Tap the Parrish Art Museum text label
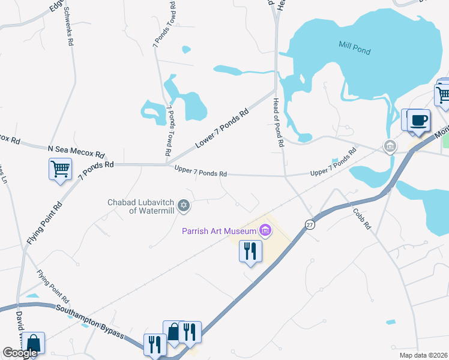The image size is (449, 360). pyautogui.click(x=220, y=230)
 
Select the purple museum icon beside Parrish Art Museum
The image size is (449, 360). pyautogui.click(x=265, y=230)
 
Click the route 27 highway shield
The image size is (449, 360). pyautogui.click(x=310, y=224)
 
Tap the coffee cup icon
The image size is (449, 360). pyautogui.click(x=418, y=120)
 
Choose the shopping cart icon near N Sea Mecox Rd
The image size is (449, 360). pyautogui.click(x=61, y=169)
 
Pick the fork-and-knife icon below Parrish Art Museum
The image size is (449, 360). pyautogui.click(x=250, y=251)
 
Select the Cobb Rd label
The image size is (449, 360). pyautogui.click(x=363, y=218)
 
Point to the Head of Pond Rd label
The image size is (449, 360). pyautogui.click(x=277, y=122)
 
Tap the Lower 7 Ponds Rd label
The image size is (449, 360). pyautogui.click(x=221, y=128)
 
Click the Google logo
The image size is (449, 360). pyautogui.click(x=20, y=353)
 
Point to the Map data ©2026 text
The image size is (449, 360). pyautogui.click(x=424, y=355)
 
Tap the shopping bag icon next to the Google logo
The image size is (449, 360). pyautogui.click(x=34, y=344)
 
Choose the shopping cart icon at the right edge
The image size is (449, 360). pyautogui.click(x=443, y=95)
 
